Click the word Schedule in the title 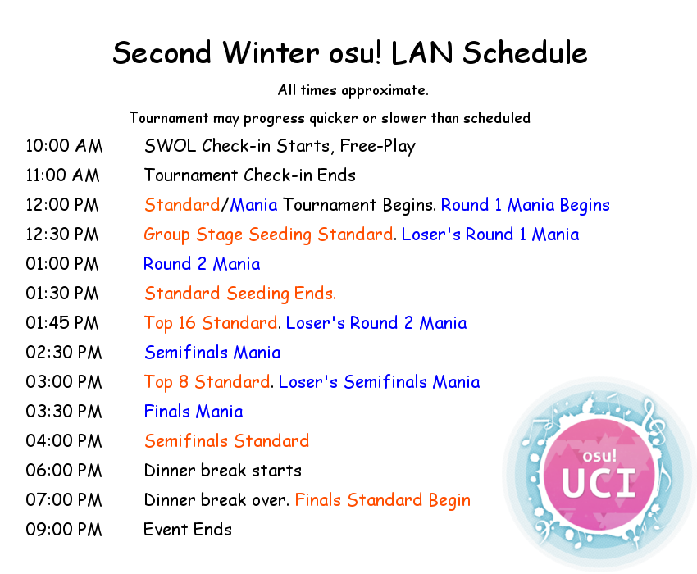[x=525, y=53]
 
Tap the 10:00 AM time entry [x=64, y=146]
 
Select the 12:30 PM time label [x=62, y=235]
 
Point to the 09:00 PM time [x=64, y=530]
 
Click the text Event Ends [x=188, y=530]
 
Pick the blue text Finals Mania [x=194, y=412]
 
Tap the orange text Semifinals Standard [x=226, y=441]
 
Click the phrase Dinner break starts [x=223, y=471]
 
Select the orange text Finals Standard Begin [x=383, y=501]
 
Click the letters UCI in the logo [x=599, y=483]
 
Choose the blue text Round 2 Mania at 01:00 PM [x=202, y=264]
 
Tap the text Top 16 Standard [x=211, y=324]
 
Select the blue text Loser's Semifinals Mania [x=379, y=382]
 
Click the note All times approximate [x=353, y=91]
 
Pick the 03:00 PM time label [x=64, y=382]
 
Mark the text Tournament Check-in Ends [x=250, y=175]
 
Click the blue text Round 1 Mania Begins [x=526, y=206]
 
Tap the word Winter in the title [x=271, y=53]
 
